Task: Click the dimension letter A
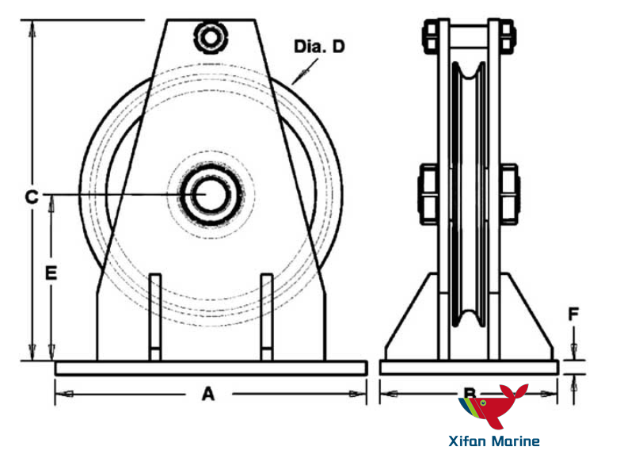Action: click(208, 393)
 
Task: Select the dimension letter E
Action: click(51, 273)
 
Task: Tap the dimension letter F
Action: click(575, 315)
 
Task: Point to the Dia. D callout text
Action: click(319, 48)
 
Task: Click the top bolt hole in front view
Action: click(211, 36)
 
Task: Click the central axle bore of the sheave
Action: click(210, 194)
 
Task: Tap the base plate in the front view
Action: click(211, 368)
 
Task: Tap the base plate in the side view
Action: click(469, 368)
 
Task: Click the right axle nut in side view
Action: click(509, 191)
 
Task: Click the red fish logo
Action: click(497, 409)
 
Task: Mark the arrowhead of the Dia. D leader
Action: click(295, 80)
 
